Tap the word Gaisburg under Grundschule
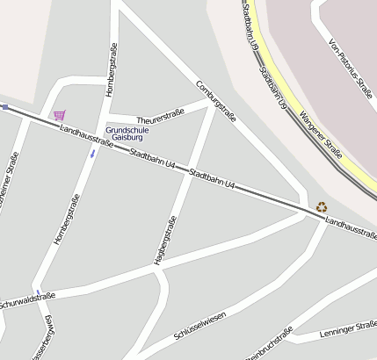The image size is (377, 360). coord(127,138)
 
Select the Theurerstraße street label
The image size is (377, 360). coord(160,115)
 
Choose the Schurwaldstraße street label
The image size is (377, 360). coord(26,300)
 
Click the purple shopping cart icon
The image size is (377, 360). coord(59,114)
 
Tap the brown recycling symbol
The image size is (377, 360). coord(322,208)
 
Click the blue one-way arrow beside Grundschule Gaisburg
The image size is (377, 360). coord(92,155)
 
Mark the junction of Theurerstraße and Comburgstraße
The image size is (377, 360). coord(211,104)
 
